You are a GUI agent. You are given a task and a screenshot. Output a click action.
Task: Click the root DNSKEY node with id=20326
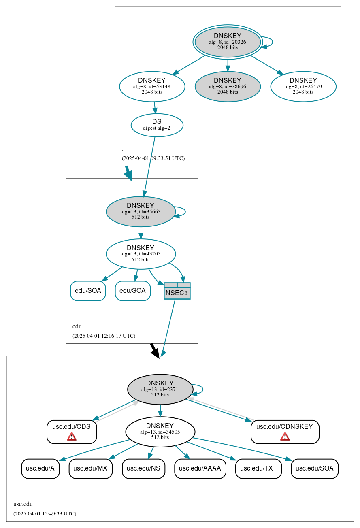point(228,42)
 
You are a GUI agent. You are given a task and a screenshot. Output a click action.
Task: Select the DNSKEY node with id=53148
point(152,86)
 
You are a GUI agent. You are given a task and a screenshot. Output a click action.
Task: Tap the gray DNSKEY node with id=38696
point(228,86)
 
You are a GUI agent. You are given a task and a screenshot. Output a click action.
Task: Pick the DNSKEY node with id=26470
point(303,86)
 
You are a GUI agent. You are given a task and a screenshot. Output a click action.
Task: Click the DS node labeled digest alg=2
point(157,125)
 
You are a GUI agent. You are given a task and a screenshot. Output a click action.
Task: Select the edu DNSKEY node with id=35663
point(141,211)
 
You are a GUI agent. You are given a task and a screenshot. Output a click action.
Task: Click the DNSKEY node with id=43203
point(141,254)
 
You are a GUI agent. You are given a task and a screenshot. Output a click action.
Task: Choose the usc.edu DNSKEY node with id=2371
point(160,389)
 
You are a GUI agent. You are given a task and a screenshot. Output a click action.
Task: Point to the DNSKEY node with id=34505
point(160,432)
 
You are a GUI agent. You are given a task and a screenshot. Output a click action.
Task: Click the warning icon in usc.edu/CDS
point(72,436)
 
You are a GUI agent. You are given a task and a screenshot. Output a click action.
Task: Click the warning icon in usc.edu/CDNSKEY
point(285,436)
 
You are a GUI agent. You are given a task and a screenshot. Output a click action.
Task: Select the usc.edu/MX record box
point(90,468)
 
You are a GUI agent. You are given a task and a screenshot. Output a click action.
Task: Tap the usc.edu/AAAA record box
point(200,468)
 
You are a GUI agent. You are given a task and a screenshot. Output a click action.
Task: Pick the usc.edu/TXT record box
point(258,468)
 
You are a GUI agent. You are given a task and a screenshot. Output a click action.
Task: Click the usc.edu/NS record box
point(143,468)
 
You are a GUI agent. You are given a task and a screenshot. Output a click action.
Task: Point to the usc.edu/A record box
point(40,468)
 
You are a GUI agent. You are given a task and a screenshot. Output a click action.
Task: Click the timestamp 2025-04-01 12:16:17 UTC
point(104,336)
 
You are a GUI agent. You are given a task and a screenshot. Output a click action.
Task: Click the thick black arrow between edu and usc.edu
point(154,350)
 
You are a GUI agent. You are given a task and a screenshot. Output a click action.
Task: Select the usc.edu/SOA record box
point(314,468)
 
